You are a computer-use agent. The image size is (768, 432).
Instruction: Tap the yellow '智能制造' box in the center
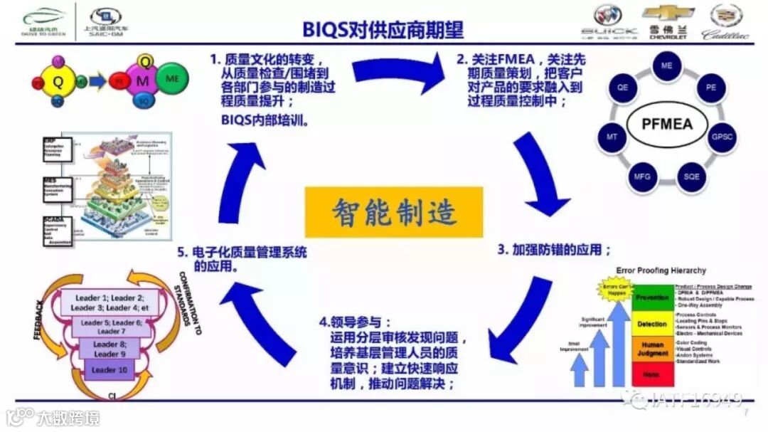point(394,212)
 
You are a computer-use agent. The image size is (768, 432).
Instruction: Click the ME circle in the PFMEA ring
point(666,66)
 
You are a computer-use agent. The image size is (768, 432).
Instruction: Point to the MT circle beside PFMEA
point(612,136)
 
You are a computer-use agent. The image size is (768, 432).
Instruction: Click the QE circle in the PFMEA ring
point(623,88)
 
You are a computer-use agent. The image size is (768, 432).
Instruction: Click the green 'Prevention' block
point(651,297)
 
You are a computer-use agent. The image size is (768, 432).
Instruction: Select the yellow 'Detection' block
point(651,324)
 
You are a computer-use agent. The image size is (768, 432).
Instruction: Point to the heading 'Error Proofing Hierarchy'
point(661,270)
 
